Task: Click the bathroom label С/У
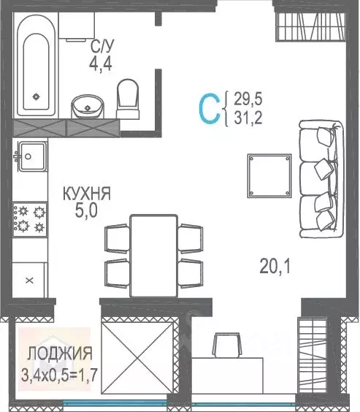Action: [101, 47]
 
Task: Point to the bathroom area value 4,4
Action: [100, 64]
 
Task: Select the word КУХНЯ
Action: [87, 194]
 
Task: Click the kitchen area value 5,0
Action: [87, 211]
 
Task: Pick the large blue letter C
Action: [209, 108]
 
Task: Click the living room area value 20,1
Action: [275, 267]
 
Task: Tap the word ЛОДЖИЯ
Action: [60, 354]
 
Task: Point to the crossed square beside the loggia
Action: [137, 359]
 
